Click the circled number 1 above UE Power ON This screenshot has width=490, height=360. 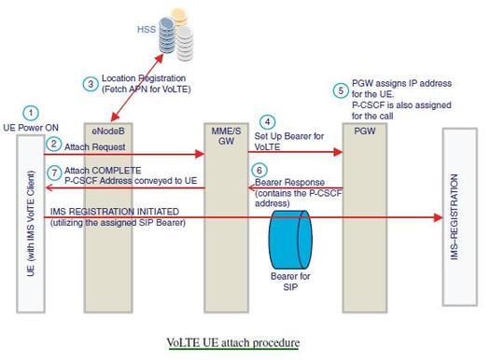(31, 112)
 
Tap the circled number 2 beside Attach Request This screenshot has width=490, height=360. (54, 144)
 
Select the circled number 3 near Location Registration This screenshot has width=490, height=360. (91, 83)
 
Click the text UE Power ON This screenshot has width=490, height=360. (32, 127)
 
